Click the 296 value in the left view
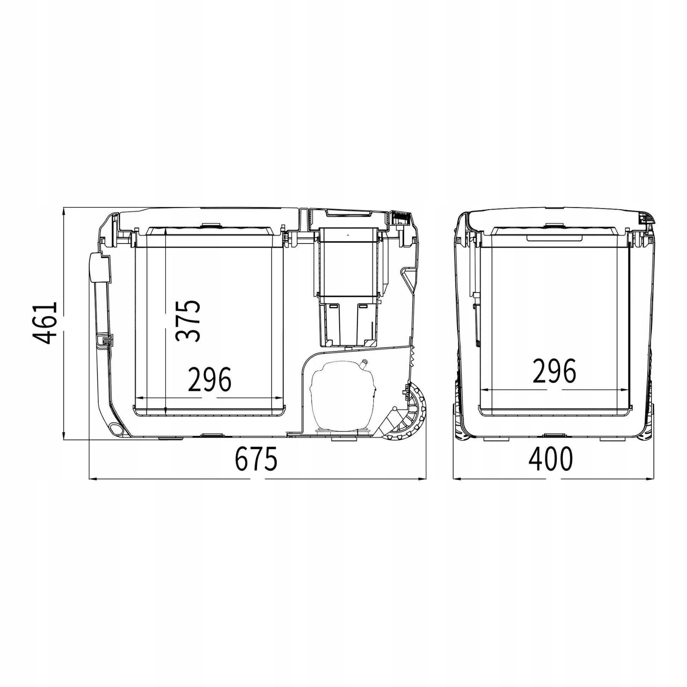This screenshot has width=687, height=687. [x=209, y=380]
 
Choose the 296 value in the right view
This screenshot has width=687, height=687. [x=554, y=371]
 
